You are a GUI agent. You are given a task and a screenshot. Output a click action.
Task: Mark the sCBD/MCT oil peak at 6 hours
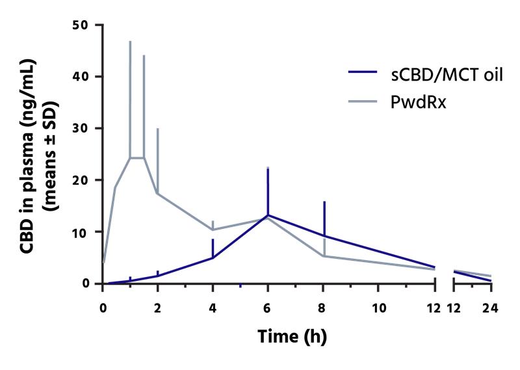click(x=268, y=215)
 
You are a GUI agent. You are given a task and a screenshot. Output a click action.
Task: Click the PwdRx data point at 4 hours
click(x=213, y=230)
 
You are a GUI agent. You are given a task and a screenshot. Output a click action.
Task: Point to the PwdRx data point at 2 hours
click(x=157, y=193)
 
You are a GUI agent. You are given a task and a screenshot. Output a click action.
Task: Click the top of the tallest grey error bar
click(x=130, y=42)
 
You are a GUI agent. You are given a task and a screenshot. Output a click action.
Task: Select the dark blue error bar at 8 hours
click(x=324, y=218)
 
